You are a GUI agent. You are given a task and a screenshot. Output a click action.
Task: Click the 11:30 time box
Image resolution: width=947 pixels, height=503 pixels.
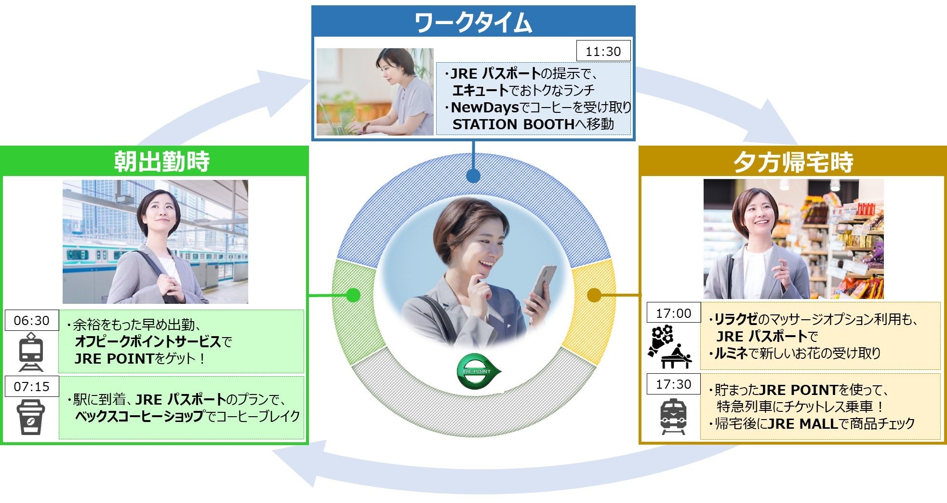point(603,51)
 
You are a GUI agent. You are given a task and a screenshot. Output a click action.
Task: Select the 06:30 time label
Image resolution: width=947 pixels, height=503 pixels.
point(31,320)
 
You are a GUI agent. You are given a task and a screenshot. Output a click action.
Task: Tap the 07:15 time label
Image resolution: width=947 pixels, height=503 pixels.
point(31,386)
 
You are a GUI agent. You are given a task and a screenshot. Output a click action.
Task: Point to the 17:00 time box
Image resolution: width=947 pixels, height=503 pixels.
point(673,313)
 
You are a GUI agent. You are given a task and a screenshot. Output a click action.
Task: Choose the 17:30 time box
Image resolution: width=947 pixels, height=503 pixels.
point(673,384)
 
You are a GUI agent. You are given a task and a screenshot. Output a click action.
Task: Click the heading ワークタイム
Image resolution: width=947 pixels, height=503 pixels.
point(473,23)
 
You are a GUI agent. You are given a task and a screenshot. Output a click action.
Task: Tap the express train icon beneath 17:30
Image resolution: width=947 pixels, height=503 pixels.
point(673,416)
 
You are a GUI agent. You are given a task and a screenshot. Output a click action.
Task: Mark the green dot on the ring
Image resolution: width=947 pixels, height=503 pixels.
point(353,295)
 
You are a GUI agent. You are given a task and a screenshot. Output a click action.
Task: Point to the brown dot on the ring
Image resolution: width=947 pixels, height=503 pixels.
point(594,295)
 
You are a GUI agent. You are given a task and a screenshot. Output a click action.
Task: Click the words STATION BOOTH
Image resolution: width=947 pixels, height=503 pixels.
point(513,124)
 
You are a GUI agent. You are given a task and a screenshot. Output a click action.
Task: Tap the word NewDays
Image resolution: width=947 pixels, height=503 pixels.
point(484,107)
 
